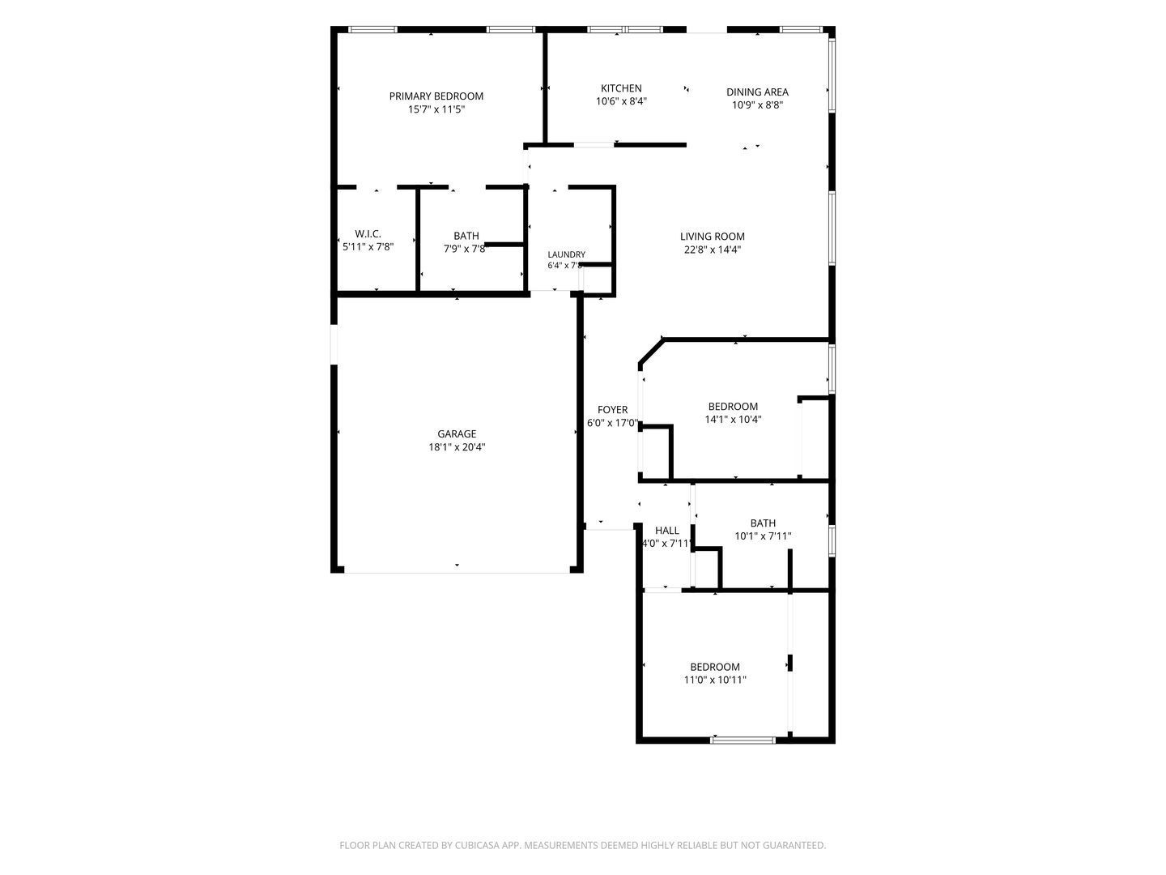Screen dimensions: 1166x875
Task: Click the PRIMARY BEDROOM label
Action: [436, 96]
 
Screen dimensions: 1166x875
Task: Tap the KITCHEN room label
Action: [621, 88]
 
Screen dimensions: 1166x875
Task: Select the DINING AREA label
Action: [757, 92]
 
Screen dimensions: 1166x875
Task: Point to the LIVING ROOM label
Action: [712, 237]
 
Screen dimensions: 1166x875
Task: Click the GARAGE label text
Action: [457, 433]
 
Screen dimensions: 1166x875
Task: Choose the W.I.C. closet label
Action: [368, 234]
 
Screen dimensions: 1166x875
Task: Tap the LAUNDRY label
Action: [566, 254]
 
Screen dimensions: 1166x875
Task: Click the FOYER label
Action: [612, 410]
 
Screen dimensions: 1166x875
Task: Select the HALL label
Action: [666, 530]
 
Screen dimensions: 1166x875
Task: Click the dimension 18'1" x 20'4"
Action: [457, 446]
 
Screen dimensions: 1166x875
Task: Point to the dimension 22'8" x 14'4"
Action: [712, 250]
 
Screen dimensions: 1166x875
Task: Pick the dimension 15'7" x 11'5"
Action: [436, 109]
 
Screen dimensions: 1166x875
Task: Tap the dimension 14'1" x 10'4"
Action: [733, 419]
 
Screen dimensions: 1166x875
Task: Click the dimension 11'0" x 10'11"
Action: [714, 680]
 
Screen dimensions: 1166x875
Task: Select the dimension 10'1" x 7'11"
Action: [763, 536]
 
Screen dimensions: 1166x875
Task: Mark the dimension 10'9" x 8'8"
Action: [757, 105]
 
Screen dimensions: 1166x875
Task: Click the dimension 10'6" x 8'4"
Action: [621, 101]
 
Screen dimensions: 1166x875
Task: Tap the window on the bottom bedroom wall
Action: [743, 740]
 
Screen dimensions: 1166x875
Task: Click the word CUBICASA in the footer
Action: [477, 845]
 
